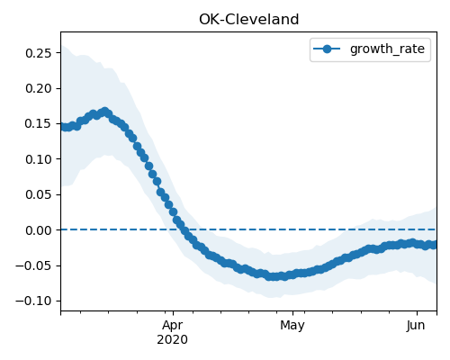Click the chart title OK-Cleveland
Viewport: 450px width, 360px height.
(249, 20)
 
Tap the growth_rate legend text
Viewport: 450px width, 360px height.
(387, 49)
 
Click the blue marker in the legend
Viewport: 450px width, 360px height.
(327, 49)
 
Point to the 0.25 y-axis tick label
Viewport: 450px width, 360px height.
(39, 53)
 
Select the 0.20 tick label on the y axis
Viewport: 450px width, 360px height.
(39, 88)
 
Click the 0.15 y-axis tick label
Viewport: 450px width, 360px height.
(39, 123)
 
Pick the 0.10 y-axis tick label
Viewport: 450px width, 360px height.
(39, 159)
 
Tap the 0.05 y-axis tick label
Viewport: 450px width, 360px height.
(39, 194)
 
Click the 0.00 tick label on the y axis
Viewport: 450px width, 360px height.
(39, 230)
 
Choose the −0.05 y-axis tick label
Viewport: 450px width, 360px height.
(34, 265)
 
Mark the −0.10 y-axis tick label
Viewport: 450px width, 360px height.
(34, 301)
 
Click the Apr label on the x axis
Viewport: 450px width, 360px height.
(173, 326)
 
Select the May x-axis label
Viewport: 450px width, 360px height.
(292, 326)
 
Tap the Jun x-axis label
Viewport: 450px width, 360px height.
(416, 326)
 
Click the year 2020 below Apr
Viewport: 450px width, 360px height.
(173, 339)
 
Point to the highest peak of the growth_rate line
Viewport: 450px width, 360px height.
(104, 112)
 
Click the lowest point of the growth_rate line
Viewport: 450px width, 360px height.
(273, 276)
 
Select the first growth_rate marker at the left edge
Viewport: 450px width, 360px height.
(62, 127)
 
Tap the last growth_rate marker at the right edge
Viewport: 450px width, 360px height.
(434, 245)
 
